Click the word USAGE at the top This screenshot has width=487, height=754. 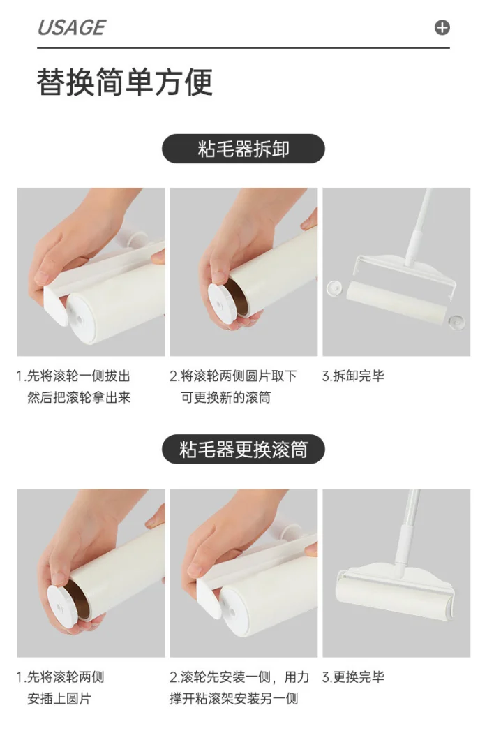click(x=71, y=27)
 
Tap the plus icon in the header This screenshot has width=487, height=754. click(x=442, y=27)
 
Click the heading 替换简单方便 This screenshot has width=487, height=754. click(x=125, y=82)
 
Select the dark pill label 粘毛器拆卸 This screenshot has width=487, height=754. click(x=244, y=149)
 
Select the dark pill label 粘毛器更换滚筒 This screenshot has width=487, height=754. click(x=244, y=449)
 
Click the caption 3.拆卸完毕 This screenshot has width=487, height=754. click(x=353, y=376)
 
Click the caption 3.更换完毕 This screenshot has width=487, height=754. click(x=353, y=677)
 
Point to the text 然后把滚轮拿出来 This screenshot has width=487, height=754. click(x=79, y=398)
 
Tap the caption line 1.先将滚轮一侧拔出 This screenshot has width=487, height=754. click(x=73, y=376)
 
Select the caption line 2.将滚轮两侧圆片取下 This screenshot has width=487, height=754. click(x=233, y=376)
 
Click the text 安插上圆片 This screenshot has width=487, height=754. click(x=59, y=699)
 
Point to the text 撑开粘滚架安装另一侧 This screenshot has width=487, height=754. click(x=234, y=699)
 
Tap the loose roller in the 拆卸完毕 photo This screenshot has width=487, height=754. click(x=395, y=302)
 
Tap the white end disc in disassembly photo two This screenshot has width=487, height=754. click(x=224, y=301)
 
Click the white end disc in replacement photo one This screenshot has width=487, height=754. click(x=66, y=600)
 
